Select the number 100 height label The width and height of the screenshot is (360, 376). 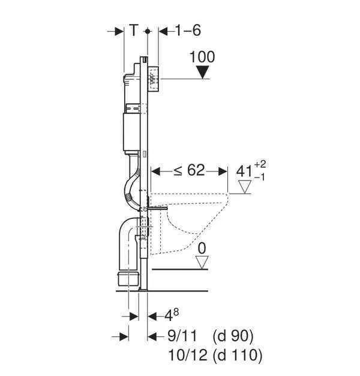[202, 58]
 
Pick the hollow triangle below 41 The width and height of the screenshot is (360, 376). [244, 189]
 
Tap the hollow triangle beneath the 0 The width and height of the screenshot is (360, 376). [202, 261]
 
